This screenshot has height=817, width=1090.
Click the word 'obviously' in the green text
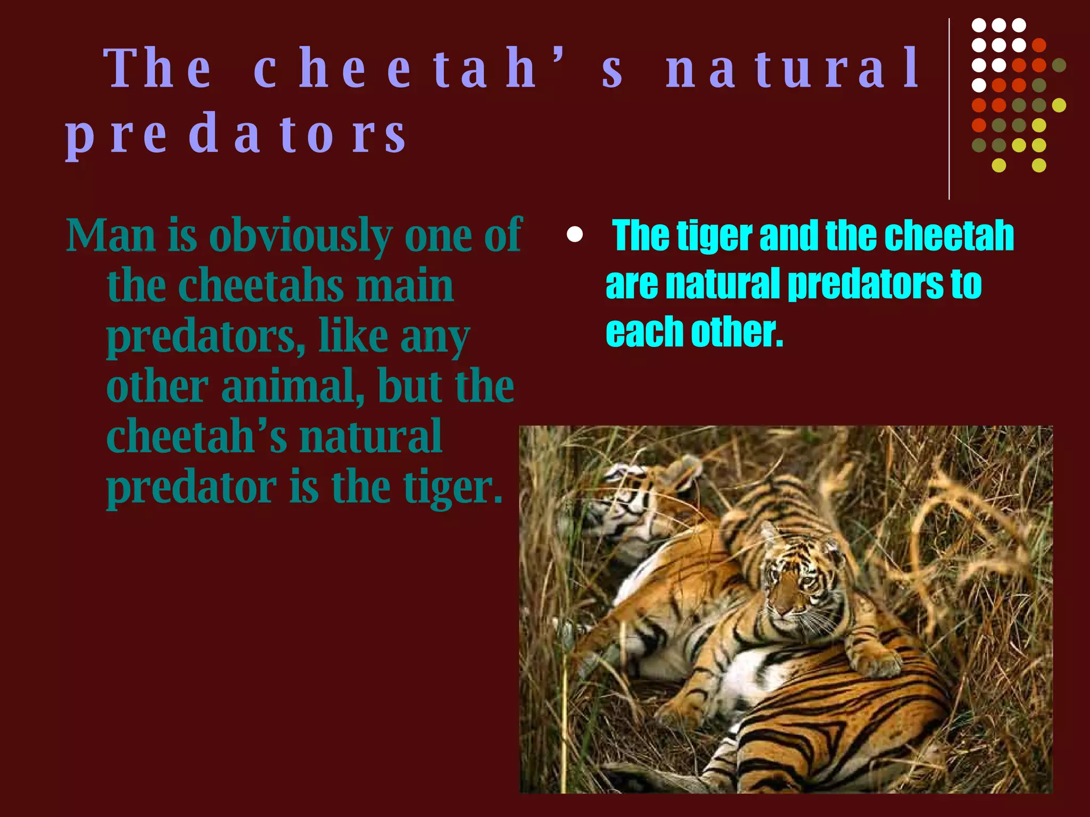pyautogui.click(x=300, y=236)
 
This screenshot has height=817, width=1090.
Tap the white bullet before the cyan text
pyautogui.click(x=575, y=235)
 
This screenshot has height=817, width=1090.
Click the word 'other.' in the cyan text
pyautogui.click(x=737, y=332)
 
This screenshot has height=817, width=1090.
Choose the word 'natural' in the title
pyautogui.click(x=793, y=69)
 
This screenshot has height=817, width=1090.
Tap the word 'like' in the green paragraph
pyautogui.click(x=353, y=336)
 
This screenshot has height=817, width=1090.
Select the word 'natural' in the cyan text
pyautogui.click(x=722, y=284)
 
